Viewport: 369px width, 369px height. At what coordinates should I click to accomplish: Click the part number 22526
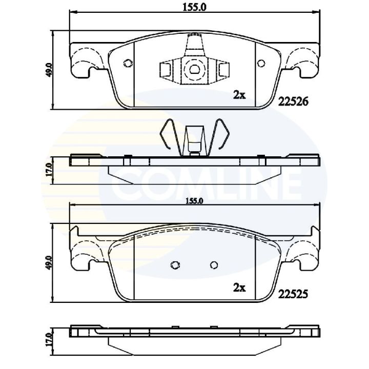point(293,101)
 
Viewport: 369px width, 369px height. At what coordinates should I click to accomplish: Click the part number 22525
point(293,294)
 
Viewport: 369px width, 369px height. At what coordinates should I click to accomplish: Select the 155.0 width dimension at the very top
point(195,8)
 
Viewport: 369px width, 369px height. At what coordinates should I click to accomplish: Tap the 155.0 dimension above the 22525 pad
point(194,201)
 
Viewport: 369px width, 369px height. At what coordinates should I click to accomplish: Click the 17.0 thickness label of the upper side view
point(49,170)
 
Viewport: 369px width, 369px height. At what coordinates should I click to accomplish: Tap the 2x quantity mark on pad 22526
point(239,95)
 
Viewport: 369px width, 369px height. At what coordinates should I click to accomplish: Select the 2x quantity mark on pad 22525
point(239,288)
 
